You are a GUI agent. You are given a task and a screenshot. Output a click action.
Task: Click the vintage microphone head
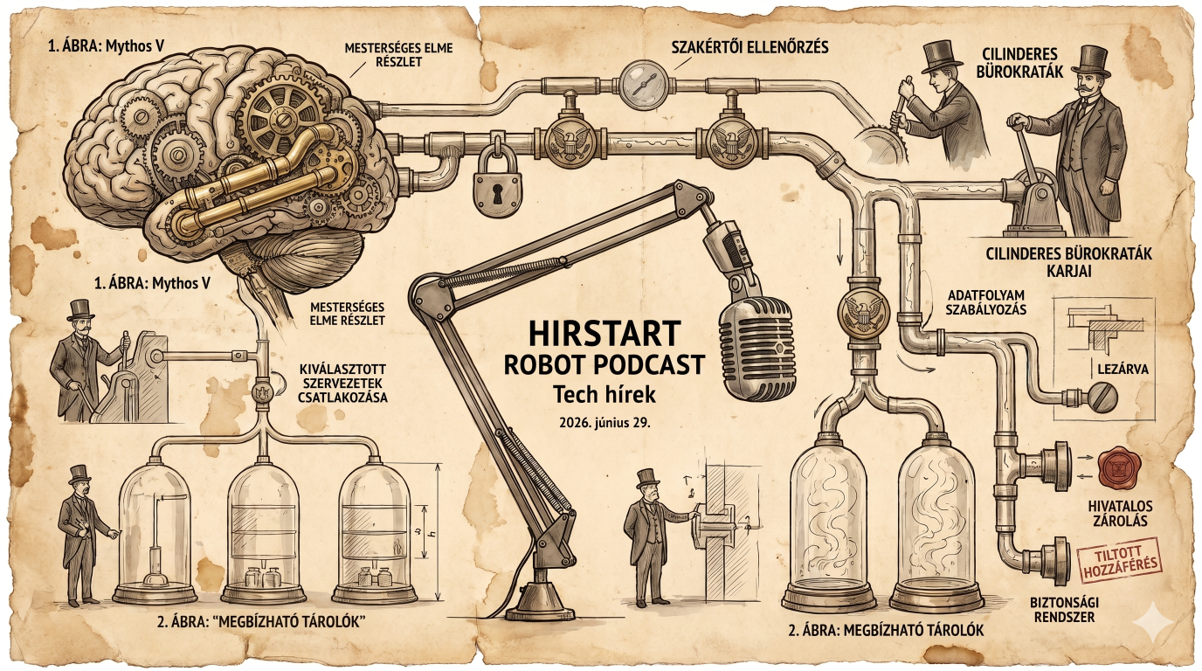click(756, 349)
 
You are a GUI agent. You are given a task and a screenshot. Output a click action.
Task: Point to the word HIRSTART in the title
click(604, 333)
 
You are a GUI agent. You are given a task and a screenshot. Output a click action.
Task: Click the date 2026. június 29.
click(604, 423)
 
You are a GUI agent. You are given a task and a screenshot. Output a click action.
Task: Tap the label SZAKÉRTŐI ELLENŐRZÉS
click(750, 47)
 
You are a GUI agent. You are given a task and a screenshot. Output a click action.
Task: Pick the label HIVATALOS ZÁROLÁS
click(1119, 513)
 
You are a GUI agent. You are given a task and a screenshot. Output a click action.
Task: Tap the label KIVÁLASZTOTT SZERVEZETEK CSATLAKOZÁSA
click(342, 384)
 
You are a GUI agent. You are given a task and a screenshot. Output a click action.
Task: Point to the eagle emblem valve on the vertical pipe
click(863, 313)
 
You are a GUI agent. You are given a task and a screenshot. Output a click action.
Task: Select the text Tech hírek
click(604, 395)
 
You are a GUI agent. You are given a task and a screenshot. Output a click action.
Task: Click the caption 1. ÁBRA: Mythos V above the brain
click(107, 46)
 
